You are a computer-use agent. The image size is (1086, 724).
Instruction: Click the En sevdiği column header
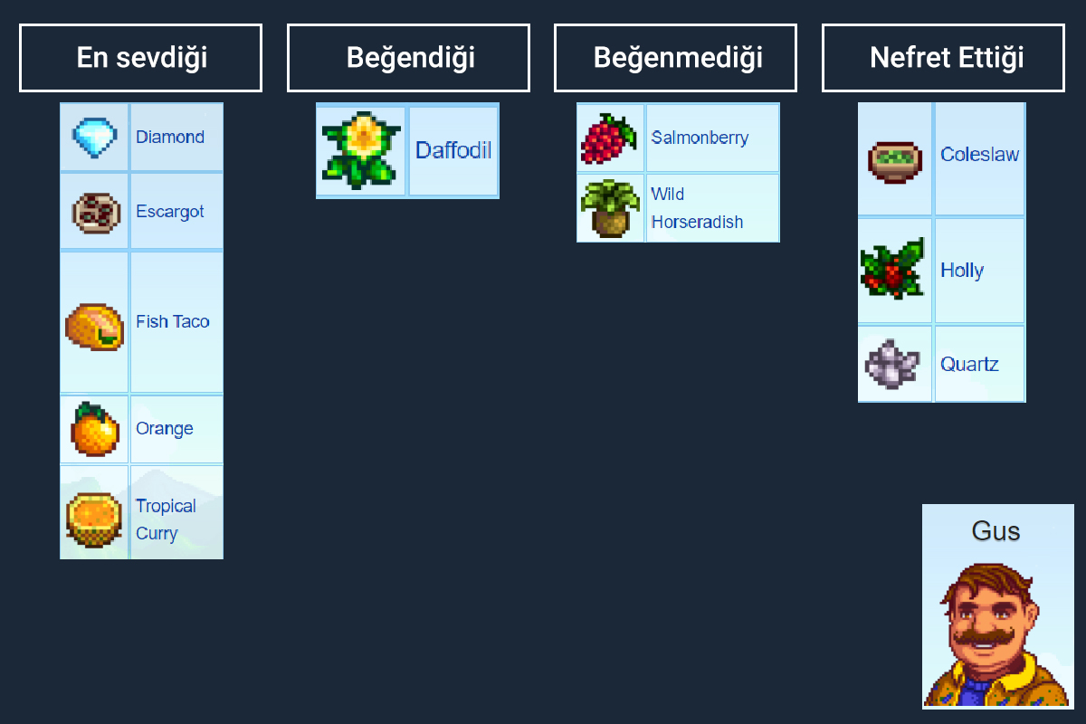[x=140, y=58]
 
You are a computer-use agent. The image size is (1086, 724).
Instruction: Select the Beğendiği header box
[x=408, y=58]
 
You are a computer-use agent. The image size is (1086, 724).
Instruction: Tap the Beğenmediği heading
[x=675, y=58]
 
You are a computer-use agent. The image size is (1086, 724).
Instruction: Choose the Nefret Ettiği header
[x=943, y=58]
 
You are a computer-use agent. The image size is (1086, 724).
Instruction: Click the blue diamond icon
[x=94, y=138]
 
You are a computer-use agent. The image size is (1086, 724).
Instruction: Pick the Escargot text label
[x=170, y=212]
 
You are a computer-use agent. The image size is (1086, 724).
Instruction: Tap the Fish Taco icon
[x=94, y=325]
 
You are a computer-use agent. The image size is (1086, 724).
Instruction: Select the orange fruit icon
[x=94, y=429]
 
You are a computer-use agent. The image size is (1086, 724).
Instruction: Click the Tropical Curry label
[x=166, y=519]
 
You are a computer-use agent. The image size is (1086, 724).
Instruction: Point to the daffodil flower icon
[x=361, y=150]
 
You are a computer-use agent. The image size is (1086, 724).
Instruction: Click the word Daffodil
[x=453, y=150]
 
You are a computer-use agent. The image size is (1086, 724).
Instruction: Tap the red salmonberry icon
[x=609, y=138]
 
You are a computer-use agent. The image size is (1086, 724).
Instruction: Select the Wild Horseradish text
[x=696, y=208]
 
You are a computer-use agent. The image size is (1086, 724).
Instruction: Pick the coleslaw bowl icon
[x=894, y=160]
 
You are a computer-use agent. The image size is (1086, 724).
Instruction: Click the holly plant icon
[x=893, y=270]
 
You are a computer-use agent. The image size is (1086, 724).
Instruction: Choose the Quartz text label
[x=969, y=365]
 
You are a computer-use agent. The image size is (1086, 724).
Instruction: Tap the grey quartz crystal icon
[x=892, y=364]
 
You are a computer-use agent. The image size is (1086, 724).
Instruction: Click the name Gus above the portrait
[x=995, y=530]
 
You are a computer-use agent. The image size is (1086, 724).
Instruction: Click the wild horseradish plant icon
[x=610, y=209]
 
